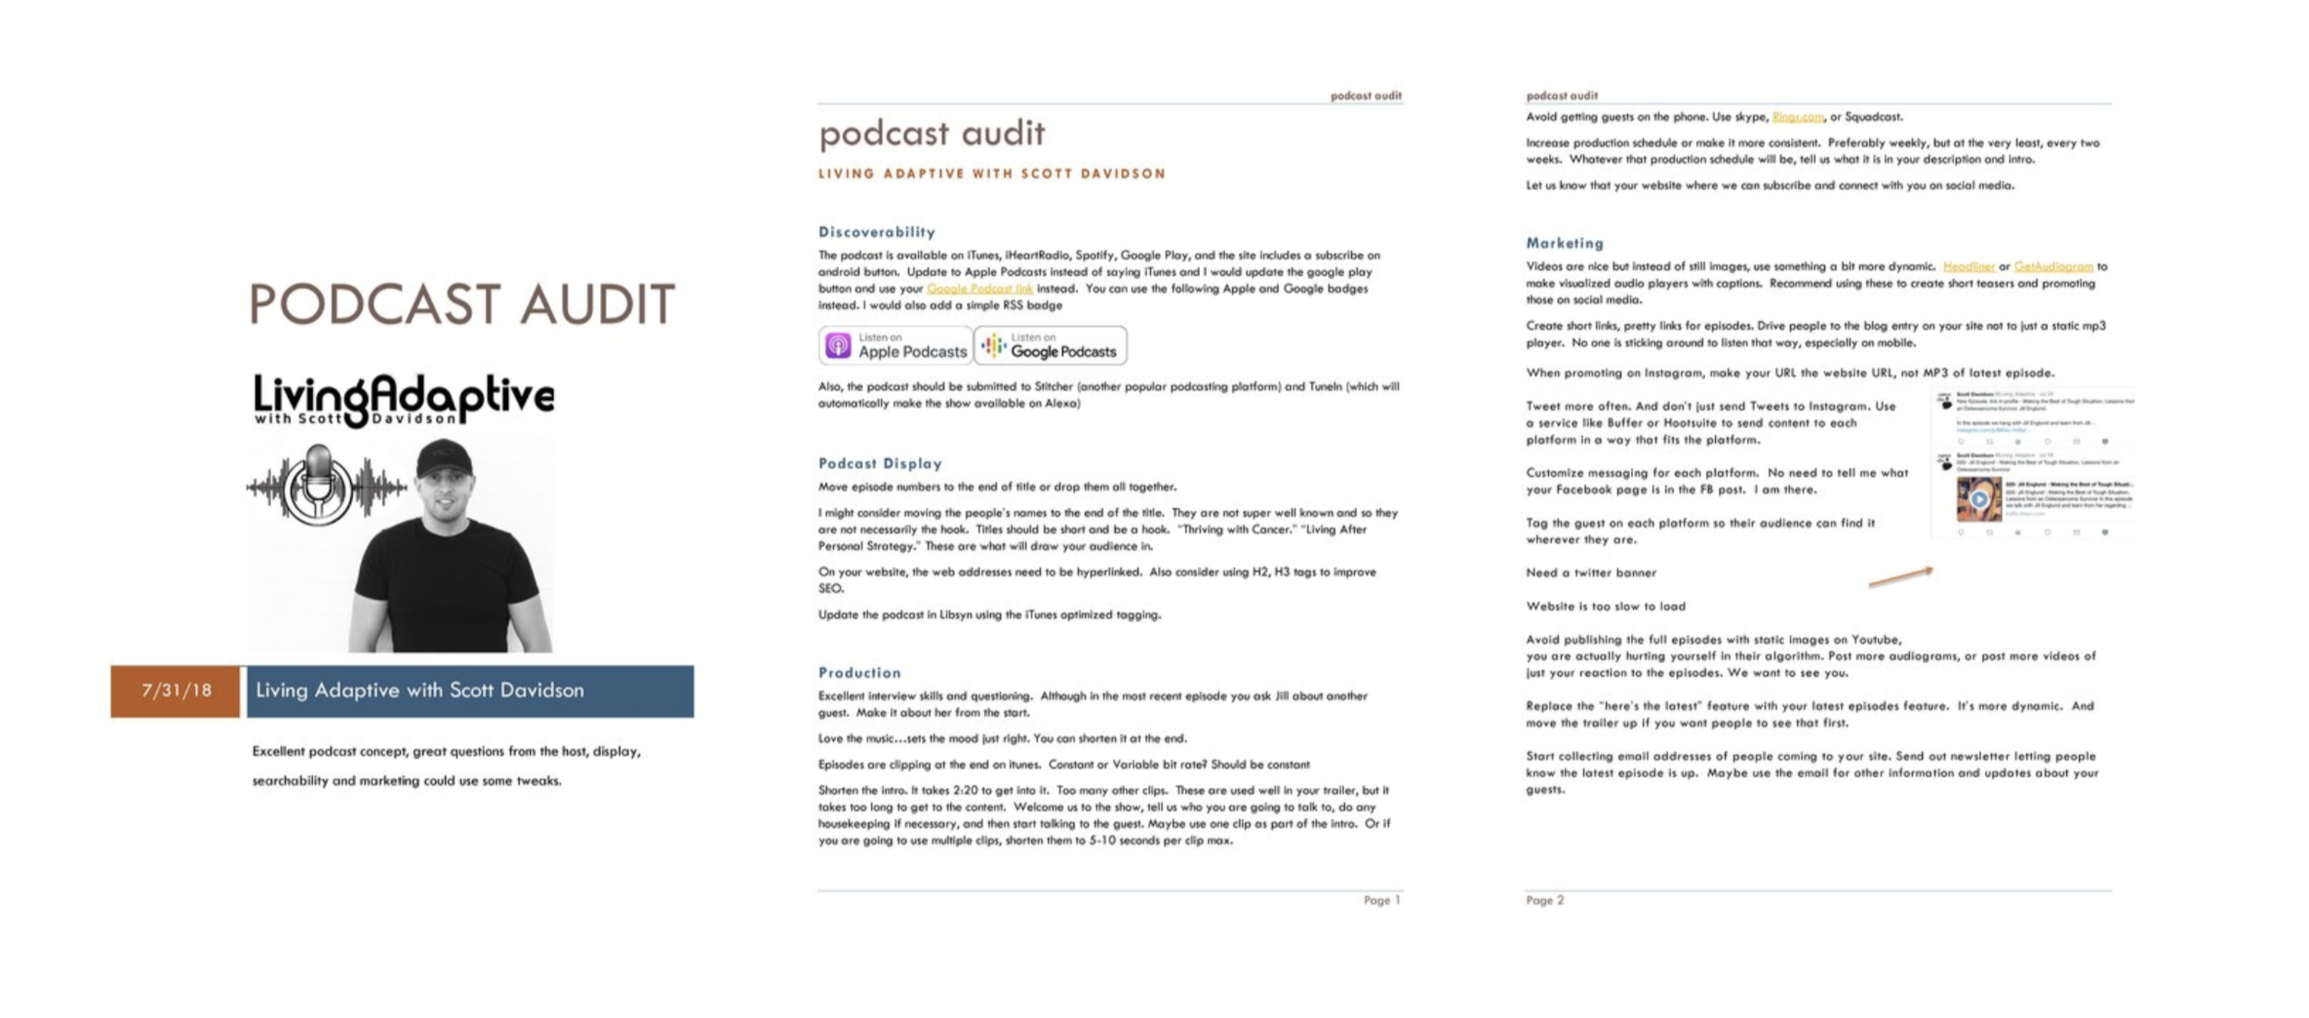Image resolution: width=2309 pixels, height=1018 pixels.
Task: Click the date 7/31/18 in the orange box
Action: coord(175,691)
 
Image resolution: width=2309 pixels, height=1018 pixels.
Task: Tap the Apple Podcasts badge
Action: coord(895,345)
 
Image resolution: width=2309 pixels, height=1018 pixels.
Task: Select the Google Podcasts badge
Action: coord(1051,345)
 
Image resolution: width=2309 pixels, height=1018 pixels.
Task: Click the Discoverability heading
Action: coord(876,232)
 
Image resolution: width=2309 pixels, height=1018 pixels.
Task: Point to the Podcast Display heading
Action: coord(879,464)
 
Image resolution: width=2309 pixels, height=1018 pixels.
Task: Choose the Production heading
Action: coord(859,673)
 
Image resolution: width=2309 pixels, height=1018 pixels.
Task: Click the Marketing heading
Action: coord(1565,243)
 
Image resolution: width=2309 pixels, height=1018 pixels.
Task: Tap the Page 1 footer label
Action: coord(1382,900)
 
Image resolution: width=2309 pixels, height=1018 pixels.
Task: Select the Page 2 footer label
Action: coord(1544,900)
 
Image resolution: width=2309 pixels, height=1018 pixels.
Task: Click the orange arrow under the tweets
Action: coord(1900,577)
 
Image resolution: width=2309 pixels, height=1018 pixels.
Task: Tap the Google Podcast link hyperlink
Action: coord(979,289)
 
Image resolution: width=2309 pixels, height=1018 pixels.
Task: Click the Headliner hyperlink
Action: coord(1968,267)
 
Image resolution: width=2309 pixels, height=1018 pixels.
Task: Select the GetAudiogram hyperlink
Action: coord(2053,267)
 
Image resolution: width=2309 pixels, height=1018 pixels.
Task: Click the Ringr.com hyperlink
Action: coord(1797,117)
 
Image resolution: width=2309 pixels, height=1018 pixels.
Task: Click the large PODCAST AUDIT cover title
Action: coord(462,305)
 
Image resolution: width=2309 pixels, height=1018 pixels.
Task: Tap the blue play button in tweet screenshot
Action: coord(1978,500)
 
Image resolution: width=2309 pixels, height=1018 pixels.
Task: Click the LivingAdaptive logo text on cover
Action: coord(404,397)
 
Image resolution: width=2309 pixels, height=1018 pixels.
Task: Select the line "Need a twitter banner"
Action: coord(1590,573)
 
